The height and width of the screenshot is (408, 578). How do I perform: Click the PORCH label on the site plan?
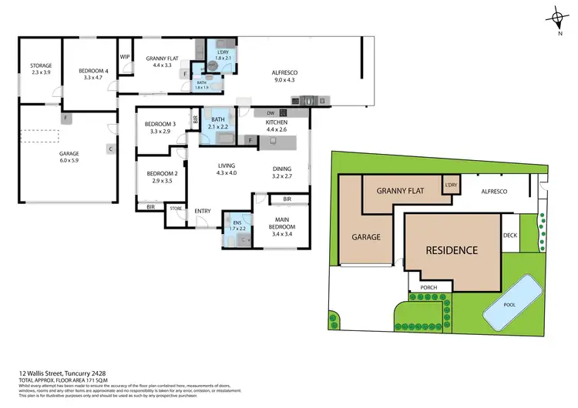429,288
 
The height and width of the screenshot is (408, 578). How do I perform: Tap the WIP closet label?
124,56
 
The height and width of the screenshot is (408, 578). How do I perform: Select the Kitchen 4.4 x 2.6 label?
277,127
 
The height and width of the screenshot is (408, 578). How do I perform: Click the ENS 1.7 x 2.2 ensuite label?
237,225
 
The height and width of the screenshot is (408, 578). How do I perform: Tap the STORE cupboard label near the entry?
176,208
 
